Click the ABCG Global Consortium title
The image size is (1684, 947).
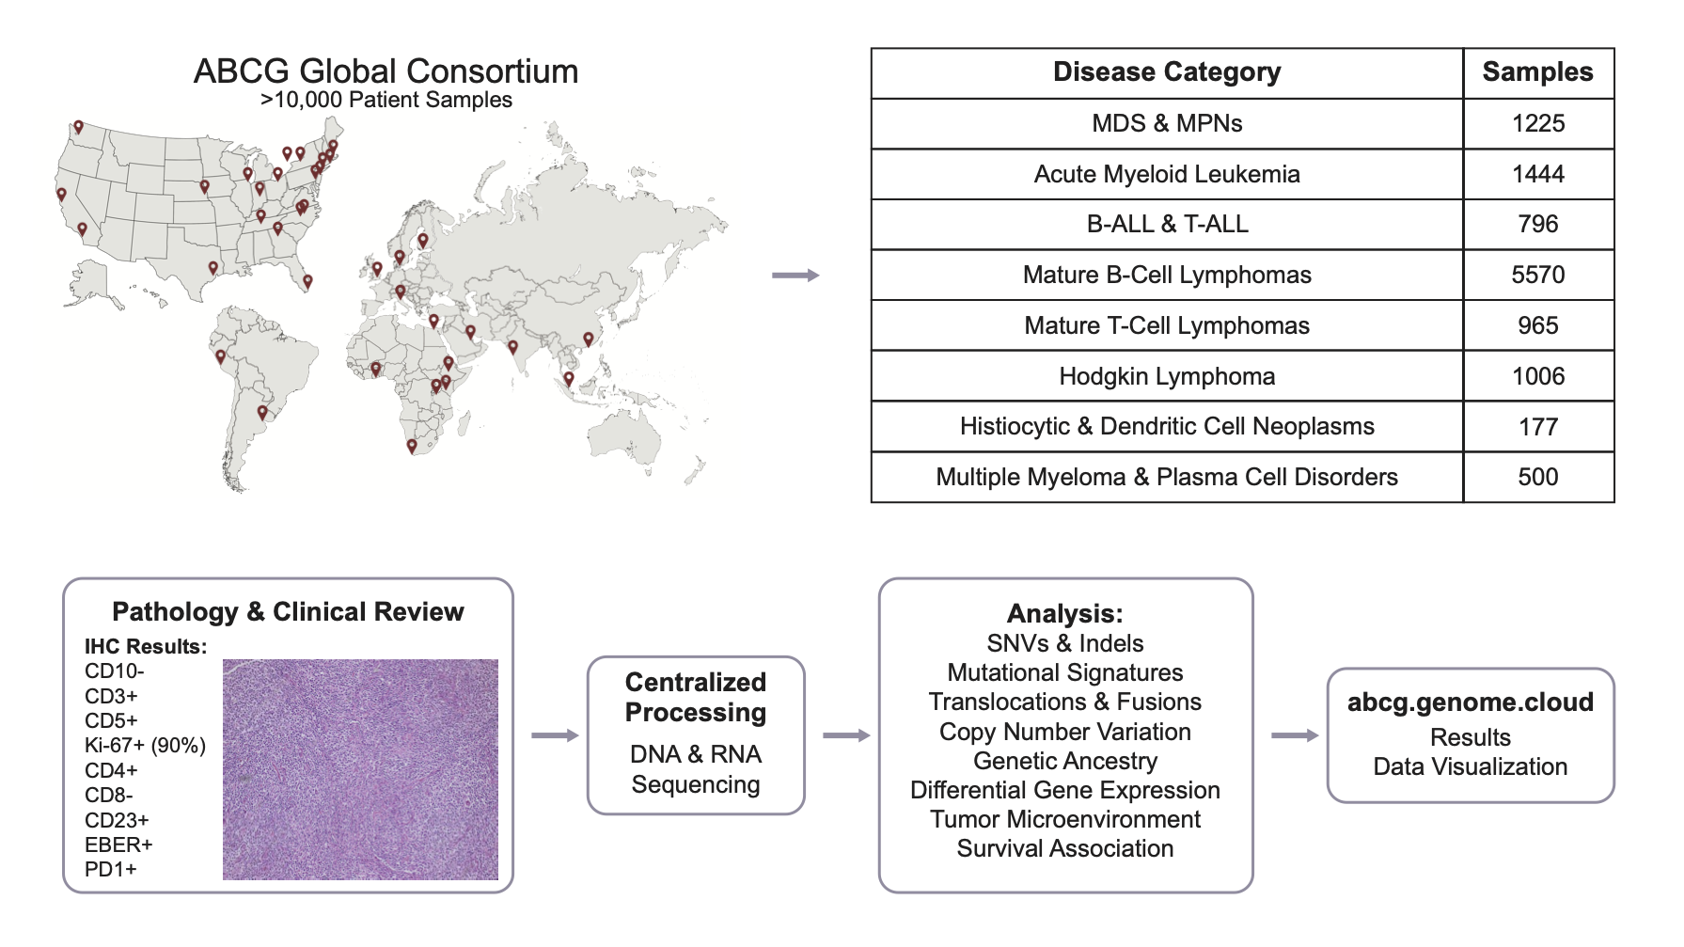386,71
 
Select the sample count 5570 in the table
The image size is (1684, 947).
1537,275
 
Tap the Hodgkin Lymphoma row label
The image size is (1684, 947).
1166,376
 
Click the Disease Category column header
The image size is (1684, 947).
1166,72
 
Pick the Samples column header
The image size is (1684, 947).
1537,72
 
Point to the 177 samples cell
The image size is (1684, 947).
1537,427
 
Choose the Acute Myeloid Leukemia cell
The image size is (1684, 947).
1166,174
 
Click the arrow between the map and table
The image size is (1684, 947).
795,275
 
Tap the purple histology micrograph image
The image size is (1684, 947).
360,769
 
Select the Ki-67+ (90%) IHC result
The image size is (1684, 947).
145,746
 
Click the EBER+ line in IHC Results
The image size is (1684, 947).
118,844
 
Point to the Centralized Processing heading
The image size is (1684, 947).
696,697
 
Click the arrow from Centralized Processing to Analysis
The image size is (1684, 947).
846,735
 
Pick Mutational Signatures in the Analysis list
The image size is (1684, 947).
1064,672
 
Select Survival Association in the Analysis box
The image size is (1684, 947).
1064,848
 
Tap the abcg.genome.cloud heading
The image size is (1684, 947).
1470,702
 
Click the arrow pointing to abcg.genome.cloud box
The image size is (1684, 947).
1295,735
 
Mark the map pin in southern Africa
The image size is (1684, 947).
412,446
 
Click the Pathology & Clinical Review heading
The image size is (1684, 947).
288,612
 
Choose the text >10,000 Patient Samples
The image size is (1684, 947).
386,100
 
